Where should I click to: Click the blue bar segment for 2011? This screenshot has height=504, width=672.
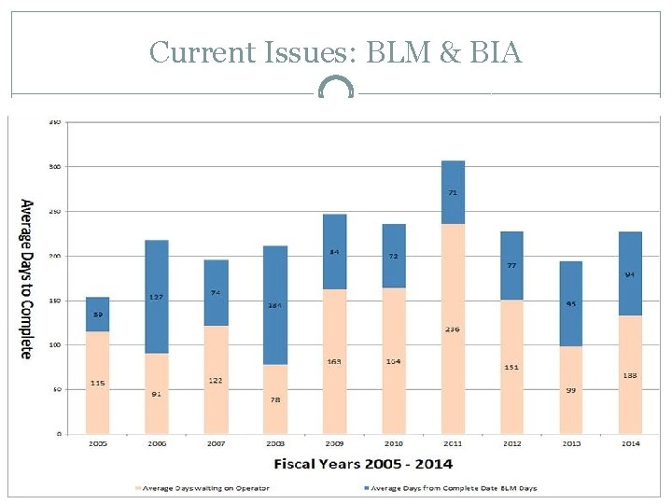coord(453,192)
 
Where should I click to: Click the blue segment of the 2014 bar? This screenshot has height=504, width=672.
coord(630,273)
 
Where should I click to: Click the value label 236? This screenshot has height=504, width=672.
coord(453,329)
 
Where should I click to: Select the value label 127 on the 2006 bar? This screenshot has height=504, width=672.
coord(157,298)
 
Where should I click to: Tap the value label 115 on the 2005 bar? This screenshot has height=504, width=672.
coord(98,383)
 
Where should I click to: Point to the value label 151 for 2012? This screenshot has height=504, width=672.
coord(511,367)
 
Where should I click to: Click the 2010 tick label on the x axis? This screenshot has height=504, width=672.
coord(394,443)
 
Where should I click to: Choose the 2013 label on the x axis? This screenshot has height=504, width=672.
coord(571,443)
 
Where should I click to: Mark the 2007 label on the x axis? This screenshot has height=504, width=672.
coord(216,443)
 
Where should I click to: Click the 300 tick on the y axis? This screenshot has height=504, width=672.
coord(55,167)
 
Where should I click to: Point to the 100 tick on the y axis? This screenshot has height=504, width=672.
coord(55,345)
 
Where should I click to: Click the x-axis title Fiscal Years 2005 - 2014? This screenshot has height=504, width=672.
coord(363,463)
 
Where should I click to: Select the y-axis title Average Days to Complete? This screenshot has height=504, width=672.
coord(26,278)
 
